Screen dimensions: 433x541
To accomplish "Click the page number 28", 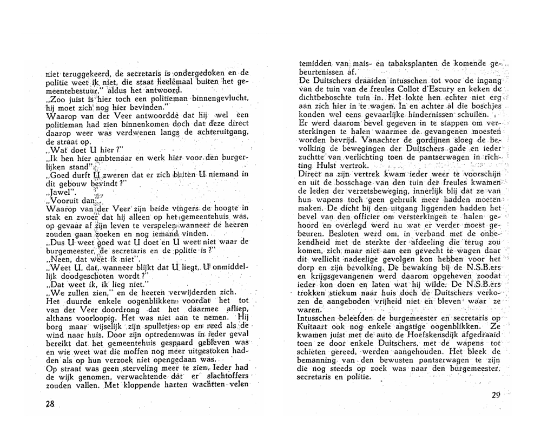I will point(51,404).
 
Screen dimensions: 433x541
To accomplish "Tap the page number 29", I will point(497,395).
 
